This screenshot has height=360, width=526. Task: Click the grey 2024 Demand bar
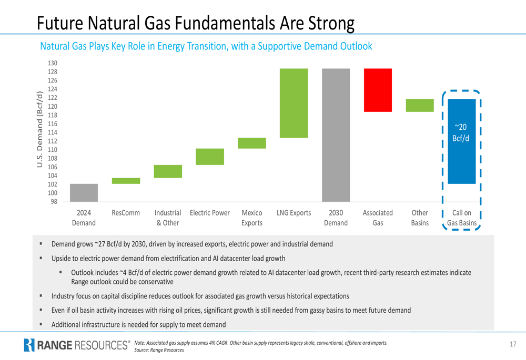click(84, 192)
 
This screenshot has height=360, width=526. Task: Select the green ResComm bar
click(126, 181)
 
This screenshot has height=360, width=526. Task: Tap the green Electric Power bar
click(210, 157)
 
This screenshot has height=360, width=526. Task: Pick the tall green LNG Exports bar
click(294, 103)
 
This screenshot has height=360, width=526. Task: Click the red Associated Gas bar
click(378, 90)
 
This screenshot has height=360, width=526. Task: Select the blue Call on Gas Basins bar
click(461, 141)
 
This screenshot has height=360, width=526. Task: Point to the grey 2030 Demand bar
click(336, 135)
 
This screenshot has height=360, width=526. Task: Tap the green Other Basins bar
click(420, 105)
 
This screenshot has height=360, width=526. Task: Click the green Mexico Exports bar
click(252, 143)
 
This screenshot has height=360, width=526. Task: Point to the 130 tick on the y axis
click(53, 63)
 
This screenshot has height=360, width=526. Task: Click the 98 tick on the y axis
click(54, 201)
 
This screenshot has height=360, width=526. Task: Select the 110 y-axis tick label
click(53, 150)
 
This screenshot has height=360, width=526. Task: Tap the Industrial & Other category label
click(168, 218)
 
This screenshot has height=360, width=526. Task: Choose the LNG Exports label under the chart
click(294, 213)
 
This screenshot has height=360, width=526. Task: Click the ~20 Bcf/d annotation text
click(461, 132)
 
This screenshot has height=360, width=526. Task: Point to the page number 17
click(513, 345)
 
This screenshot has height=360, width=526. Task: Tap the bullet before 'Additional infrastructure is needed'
click(41, 324)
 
